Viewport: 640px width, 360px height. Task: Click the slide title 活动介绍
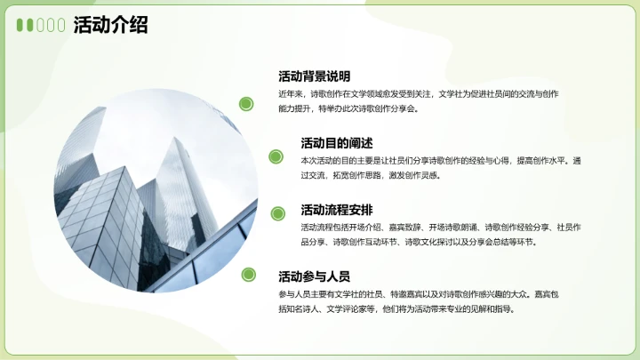tap(110, 26)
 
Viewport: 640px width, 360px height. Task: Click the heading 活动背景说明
tap(314, 76)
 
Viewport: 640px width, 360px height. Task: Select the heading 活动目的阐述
tap(336, 143)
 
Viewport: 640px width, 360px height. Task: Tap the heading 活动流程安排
tap(336, 211)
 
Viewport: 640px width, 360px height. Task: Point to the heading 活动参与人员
tap(314, 276)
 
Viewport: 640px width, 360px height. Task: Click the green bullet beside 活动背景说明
tap(246, 104)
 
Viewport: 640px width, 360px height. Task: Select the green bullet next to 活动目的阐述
tap(276, 157)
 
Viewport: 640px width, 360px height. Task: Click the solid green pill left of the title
tap(21, 26)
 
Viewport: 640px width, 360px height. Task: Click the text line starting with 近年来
tap(418, 93)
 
